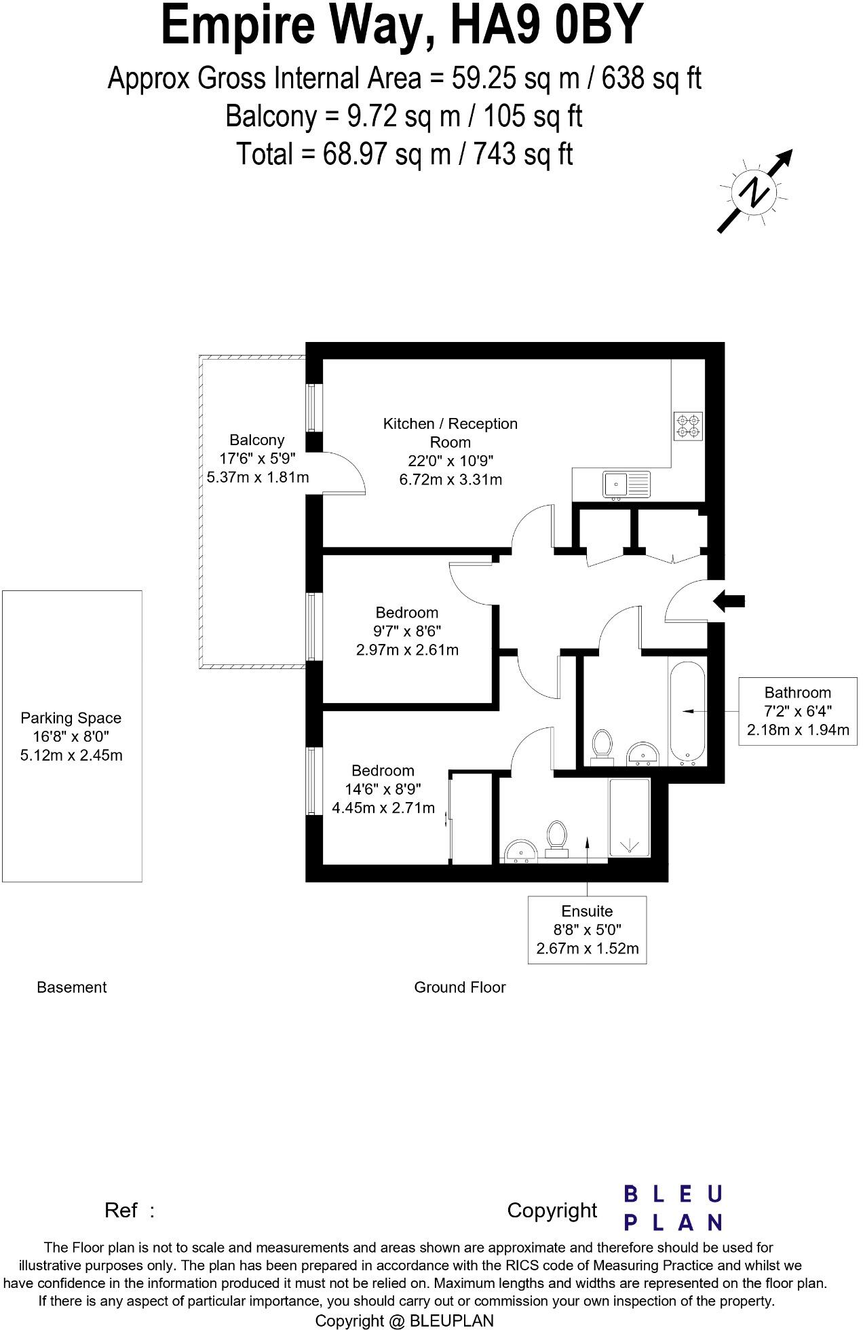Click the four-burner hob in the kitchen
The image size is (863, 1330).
(688, 425)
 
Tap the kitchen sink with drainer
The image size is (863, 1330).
(626, 484)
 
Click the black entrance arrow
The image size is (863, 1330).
(729, 601)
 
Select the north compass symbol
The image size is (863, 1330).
(754, 192)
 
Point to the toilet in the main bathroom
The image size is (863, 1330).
(602, 746)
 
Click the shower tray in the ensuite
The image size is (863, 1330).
(630, 818)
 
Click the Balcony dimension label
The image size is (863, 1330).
(257, 459)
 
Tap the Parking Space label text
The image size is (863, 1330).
(71, 736)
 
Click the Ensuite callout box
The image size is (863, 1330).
(587, 929)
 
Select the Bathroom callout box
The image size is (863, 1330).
(797, 711)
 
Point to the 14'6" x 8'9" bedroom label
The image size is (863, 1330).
(383, 789)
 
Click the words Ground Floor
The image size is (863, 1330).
(459, 987)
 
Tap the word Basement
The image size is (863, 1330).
(71, 987)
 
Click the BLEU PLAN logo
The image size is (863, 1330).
(672, 1209)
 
